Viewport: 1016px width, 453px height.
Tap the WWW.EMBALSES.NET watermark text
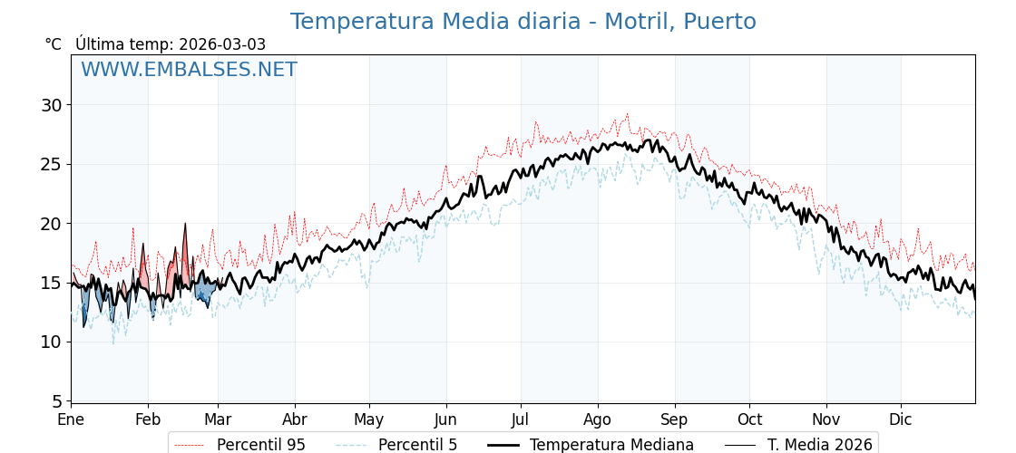[x=189, y=70]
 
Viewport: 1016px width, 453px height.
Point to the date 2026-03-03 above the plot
[x=222, y=44]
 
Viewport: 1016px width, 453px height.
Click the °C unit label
[x=53, y=44]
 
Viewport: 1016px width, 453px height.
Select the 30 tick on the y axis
[x=52, y=105]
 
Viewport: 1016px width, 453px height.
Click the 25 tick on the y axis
[x=52, y=164]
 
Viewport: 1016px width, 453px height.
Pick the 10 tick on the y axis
[x=52, y=342]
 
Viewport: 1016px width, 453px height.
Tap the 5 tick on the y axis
[x=57, y=401]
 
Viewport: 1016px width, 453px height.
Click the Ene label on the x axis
[x=71, y=420]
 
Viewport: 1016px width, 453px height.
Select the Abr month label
[x=295, y=420]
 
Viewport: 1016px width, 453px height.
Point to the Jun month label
[x=445, y=420]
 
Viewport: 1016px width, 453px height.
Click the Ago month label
[x=597, y=420]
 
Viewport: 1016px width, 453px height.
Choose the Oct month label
[x=749, y=420]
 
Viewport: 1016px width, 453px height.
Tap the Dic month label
[x=901, y=420]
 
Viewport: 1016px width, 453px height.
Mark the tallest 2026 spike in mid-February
[x=185, y=225]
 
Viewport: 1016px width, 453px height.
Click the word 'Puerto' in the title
[x=719, y=22]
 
